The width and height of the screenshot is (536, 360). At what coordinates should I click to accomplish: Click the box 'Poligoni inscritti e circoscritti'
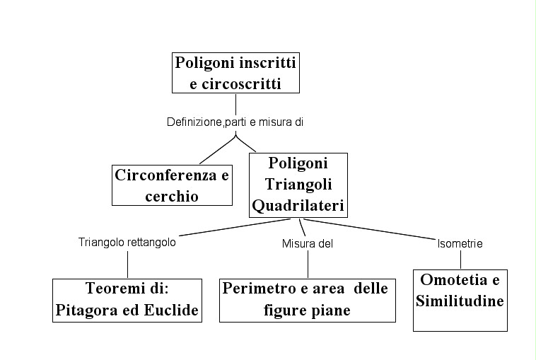click(235, 73)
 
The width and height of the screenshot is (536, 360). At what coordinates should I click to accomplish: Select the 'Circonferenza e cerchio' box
click(172, 185)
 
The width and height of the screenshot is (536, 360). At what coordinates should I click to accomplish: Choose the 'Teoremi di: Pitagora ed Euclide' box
click(127, 300)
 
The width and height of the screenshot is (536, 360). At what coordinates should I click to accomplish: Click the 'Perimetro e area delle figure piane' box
click(307, 300)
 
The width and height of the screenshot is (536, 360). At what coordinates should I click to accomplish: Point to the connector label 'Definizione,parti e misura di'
click(235, 122)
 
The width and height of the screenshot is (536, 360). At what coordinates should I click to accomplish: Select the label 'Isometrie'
click(460, 243)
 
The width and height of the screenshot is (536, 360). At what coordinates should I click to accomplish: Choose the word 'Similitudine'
click(460, 301)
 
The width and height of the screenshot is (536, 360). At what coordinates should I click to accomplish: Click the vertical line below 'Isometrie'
click(460, 259)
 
